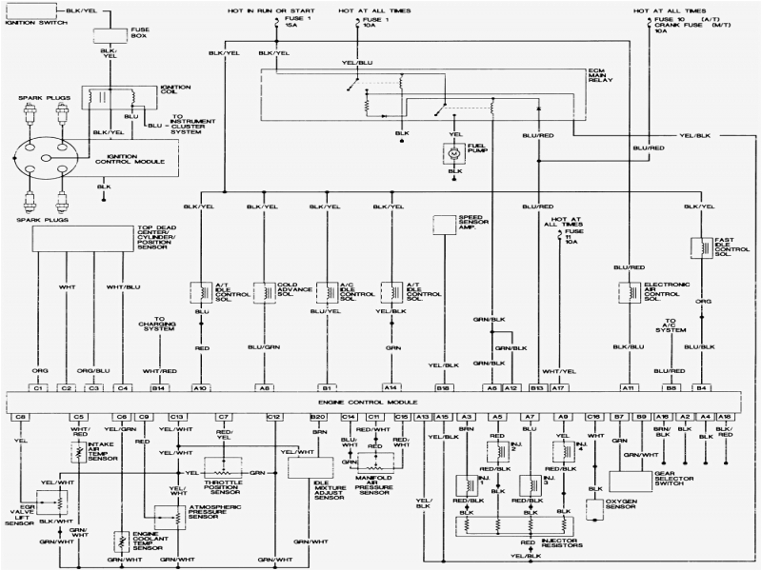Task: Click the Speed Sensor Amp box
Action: coord(445,225)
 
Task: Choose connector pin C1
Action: coord(40,388)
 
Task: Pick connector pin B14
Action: coord(158,388)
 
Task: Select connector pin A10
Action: coord(200,388)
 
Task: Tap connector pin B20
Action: coord(318,417)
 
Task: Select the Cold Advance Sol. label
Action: coord(291,290)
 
